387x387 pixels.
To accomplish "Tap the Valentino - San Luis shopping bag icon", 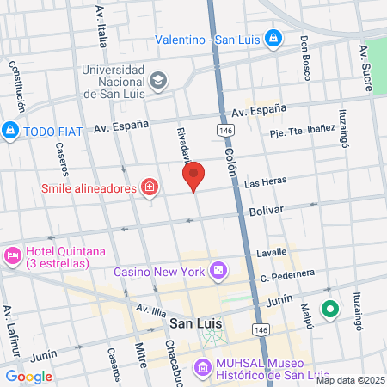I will point(273,39).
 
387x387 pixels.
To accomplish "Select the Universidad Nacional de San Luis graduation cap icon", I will point(158,81).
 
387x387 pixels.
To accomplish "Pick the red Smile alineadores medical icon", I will point(150,187).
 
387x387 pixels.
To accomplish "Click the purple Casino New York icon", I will point(219,270).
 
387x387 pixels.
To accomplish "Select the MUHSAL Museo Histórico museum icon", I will point(202,369).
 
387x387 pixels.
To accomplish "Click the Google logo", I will point(28,376).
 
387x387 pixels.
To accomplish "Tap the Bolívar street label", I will point(266,210).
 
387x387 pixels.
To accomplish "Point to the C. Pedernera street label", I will point(288,276).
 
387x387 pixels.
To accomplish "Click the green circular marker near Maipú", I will point(329,310).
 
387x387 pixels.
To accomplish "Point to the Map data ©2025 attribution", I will point(348,380).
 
